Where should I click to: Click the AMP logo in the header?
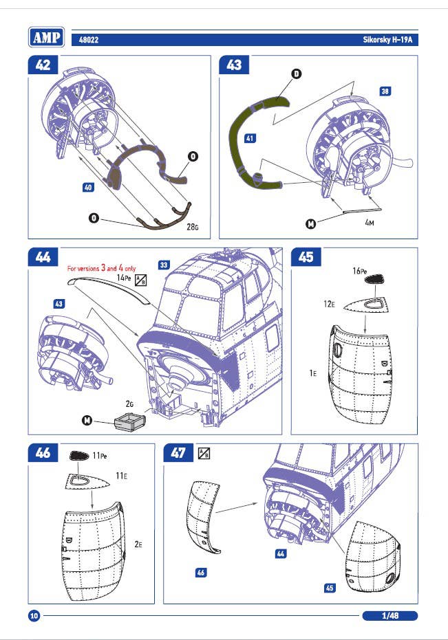[47, 36]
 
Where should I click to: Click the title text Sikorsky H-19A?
[390, 41]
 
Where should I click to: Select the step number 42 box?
[43, 65]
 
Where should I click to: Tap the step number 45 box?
[306, 256]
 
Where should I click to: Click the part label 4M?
[370, 223]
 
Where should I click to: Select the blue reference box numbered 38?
[385, 91]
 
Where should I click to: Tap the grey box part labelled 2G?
[129, 420]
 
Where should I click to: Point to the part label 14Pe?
[125, 277]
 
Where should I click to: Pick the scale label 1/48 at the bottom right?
[390, 615]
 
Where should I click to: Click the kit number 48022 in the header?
[89, 41]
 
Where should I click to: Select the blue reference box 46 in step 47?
[202, 572]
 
